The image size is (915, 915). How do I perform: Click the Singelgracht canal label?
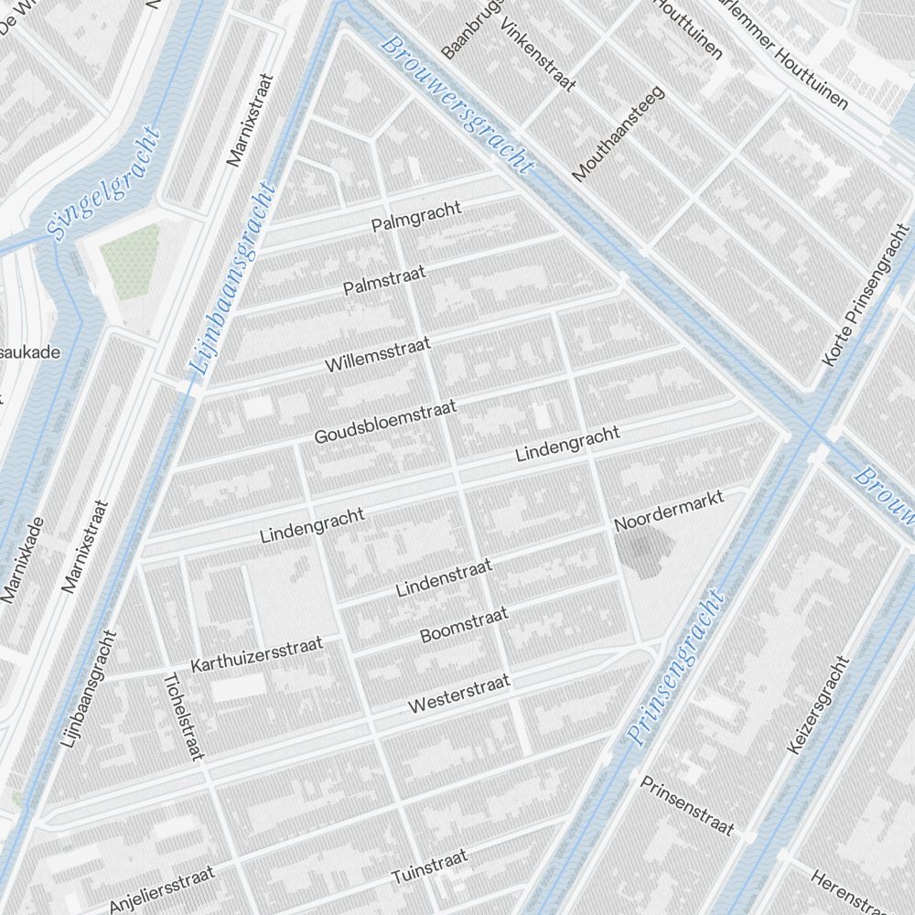[x=102, y=184]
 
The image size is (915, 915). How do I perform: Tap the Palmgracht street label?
[x=416, y=218]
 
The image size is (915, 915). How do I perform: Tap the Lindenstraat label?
[x=445, y=578]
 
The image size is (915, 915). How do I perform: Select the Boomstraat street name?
[x=464, y=626]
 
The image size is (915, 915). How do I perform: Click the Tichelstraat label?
[x=181, y=716]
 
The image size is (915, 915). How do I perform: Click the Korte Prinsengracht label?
[x=863, y=294]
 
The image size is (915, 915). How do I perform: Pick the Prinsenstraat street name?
[x=686, y=805]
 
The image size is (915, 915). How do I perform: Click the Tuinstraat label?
[x=429, y=867]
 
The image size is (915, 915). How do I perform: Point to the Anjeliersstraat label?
[x=162, y=888]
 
